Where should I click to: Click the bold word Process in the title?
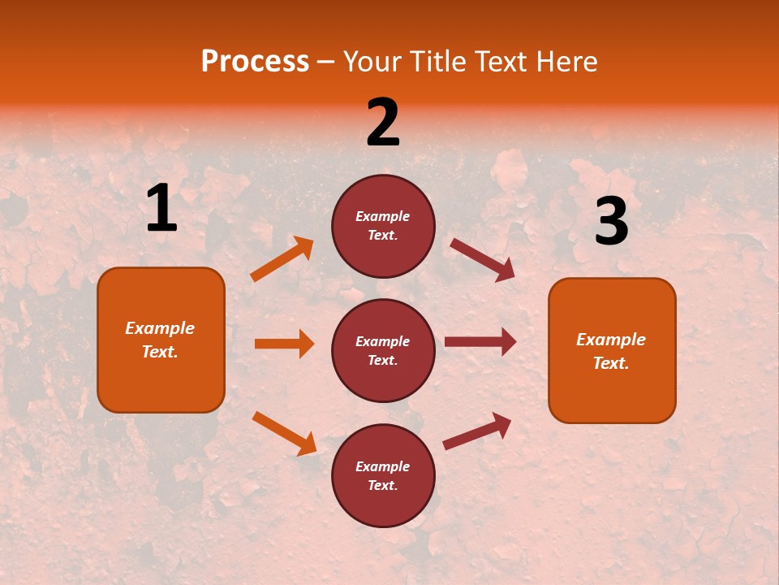(255, 61)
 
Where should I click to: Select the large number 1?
(161, 209)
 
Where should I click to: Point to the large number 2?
(383, 123)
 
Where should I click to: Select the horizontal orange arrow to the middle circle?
(284, 344)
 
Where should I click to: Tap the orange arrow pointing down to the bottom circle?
(284, 433)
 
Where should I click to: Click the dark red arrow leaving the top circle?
(482, 260)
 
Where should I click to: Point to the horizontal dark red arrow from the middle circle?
(480, 342)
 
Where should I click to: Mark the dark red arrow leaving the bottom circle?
(477, 431)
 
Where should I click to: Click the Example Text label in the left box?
(160, 340)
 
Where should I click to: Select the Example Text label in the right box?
(611, 351)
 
